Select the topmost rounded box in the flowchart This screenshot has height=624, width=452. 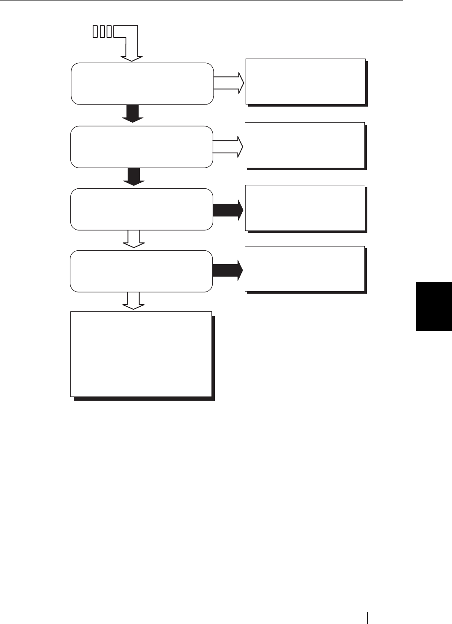tap(142, 83)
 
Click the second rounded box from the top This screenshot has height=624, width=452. tap(142, 147)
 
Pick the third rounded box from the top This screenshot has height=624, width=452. tap(142, 209)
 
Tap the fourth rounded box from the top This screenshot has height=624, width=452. tap(141, 271)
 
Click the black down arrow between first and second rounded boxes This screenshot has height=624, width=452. tap(133, 114)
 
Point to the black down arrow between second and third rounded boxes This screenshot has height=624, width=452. tap(134, 177)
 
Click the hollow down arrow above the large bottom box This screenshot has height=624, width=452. tap(134, 301)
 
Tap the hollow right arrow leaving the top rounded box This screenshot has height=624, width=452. tap(229, 83)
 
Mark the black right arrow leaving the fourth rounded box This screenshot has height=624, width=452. tap(227, 270)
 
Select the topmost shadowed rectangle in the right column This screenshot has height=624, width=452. tap(305, 81)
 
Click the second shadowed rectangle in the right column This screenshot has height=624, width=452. tap(305, 145)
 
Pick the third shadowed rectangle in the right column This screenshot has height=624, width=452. tap(305, 208)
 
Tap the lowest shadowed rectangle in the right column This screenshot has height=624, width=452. tap(305, 269)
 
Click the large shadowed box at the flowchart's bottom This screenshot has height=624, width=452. tap(141, 354)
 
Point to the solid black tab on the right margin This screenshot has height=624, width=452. tap(434, 306)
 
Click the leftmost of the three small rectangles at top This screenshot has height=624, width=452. tap(95, 32)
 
